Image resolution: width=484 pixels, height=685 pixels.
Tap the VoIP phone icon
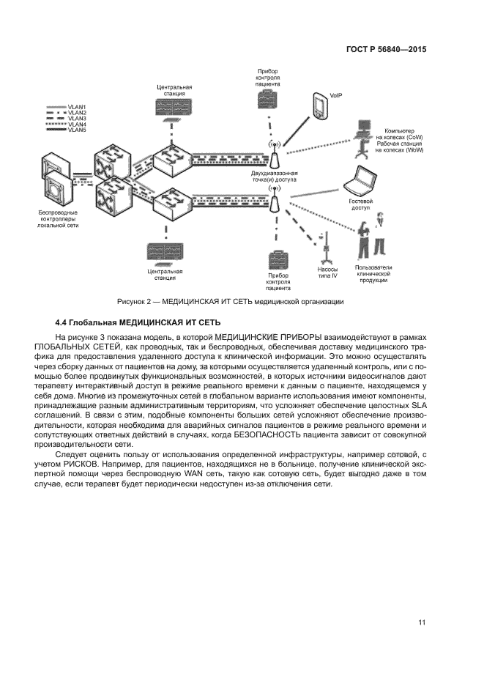[320, 105]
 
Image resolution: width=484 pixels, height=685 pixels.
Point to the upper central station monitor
[174, 108]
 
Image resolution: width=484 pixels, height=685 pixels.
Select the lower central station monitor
[165, 252]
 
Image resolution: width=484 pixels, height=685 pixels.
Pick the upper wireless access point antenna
[274, 155]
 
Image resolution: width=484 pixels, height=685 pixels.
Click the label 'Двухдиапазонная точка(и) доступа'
[275, 176]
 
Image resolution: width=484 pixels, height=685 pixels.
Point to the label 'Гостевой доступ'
[361, 204]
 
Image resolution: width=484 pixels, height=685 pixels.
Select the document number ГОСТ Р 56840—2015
[386, 51]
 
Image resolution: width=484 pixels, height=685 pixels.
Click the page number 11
[422, 623]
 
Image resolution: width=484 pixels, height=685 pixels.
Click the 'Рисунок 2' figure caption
[230, 301]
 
